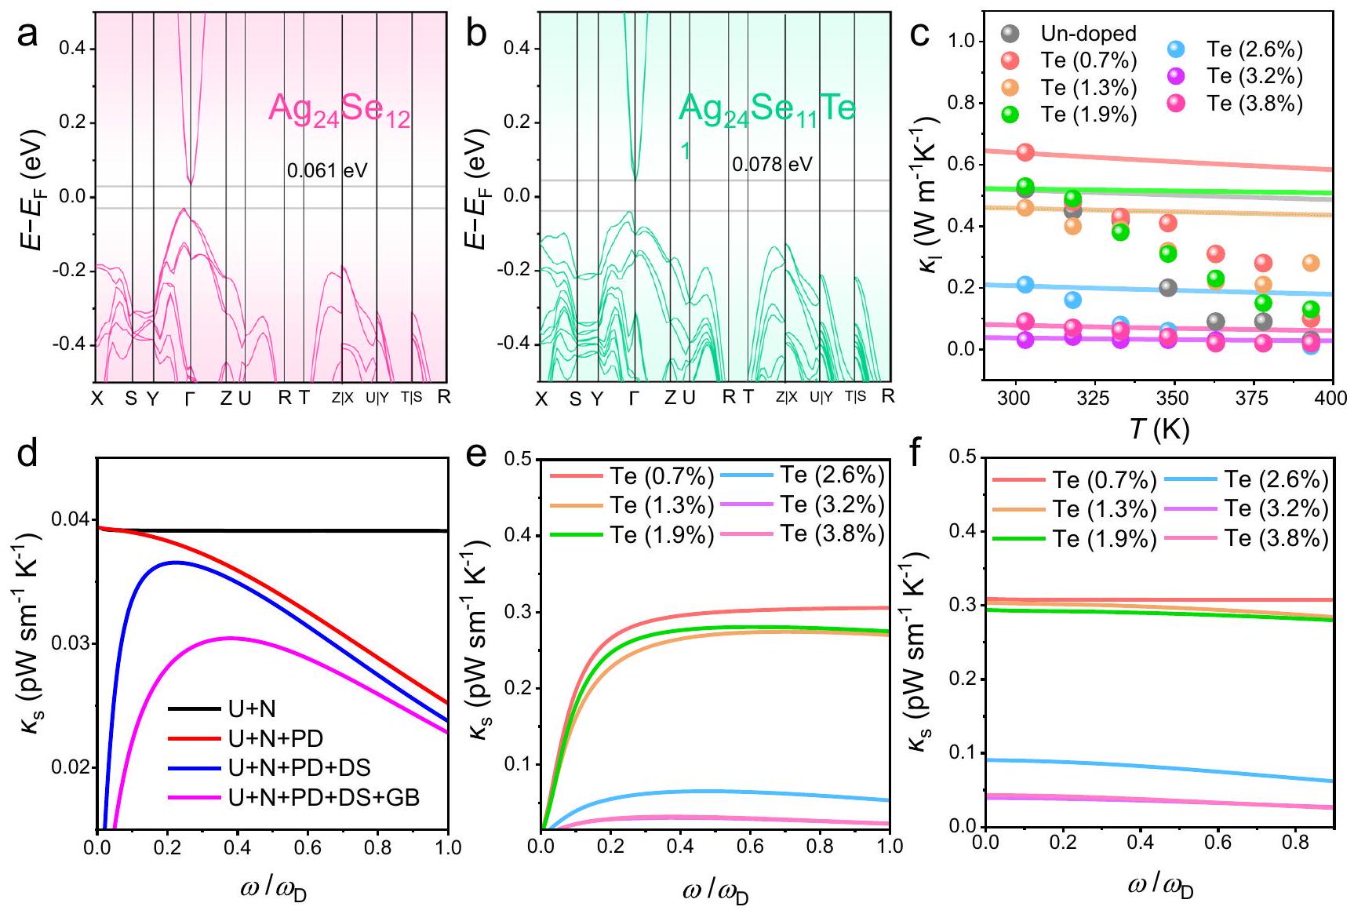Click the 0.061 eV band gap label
click(326, 170)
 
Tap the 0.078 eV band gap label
click(772, 165)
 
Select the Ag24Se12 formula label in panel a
click(339, 109)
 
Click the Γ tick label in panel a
click(189, 399)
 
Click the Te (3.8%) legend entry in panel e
click(832, 533)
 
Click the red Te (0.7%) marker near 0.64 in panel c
click(1025, 152)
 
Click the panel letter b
click(475, 36)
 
